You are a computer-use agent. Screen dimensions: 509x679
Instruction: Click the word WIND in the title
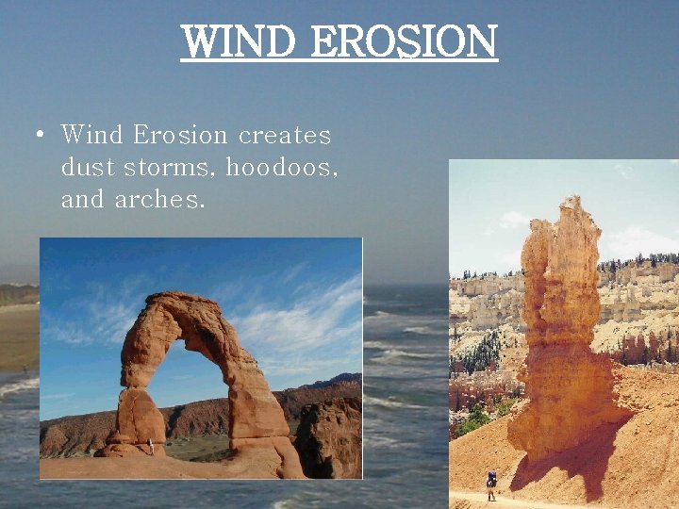[240, 41]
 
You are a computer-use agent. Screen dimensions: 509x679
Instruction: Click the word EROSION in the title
[403, 41]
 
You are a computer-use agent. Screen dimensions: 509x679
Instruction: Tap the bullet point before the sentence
[40, 136]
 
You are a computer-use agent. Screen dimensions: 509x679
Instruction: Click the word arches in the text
[159, 200]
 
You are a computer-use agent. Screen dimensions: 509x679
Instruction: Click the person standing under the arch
[151, 446]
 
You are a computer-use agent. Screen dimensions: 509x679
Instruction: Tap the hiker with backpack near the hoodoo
[490, 484]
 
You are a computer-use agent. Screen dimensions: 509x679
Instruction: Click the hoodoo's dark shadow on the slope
[566, 462]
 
